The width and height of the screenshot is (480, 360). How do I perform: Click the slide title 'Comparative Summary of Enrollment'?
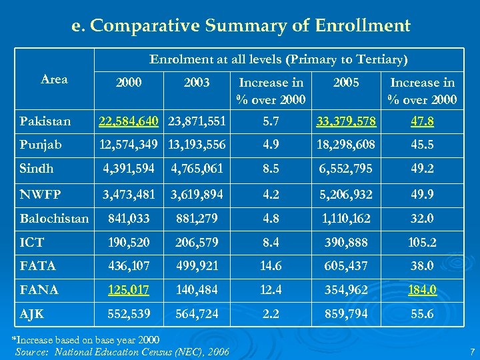tap(241, 26)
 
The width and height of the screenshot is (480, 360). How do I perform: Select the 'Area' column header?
tap(54, 79)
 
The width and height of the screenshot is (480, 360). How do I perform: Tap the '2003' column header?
tap(196, 83)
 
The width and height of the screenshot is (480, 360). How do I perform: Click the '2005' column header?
tap(346, 83)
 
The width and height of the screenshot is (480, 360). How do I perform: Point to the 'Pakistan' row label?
tap(45, 122)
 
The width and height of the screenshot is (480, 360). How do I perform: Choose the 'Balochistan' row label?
tap(54, 219)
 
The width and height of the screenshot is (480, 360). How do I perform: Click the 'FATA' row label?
tap(38, 266)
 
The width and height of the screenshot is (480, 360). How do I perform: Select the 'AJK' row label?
tap(33, 313)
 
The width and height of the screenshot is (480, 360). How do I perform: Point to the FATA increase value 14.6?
tap(271, 266)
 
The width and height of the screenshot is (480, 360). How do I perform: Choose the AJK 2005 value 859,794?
tap(346, 313)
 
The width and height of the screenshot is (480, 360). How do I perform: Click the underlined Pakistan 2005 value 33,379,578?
tap(346, 122)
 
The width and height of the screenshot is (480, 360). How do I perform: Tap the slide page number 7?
tap(471, 351)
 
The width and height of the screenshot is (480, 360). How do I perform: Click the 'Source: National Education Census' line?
tap(122, 352)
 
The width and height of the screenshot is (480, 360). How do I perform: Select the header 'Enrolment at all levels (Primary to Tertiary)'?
tap(278, 59)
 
